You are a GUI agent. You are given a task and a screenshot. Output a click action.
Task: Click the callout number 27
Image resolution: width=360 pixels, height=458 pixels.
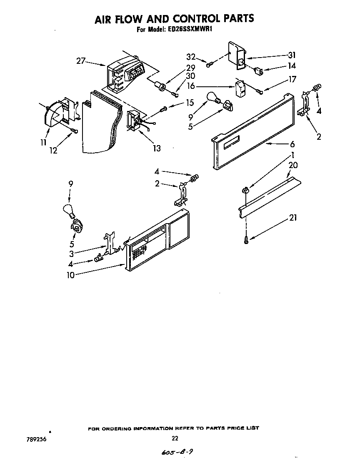tap(81, 61)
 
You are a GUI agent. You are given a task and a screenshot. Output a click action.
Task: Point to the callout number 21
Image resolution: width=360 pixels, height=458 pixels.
tap(293, 218)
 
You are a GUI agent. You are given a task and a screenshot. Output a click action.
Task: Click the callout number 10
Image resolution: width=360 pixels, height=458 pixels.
tap(71, 275)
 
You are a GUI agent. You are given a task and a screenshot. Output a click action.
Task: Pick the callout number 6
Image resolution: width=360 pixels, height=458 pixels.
tap(292, 144)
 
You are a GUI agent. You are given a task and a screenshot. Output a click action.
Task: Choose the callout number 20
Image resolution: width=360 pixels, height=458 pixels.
tap(293, 165)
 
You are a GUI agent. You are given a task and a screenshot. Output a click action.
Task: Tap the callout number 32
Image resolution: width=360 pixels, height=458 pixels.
tap(191, 57)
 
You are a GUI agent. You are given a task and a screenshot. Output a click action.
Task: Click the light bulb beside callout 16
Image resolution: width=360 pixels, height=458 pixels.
tap(212, 97)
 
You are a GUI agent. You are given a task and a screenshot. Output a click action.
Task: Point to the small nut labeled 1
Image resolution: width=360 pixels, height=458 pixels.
tap(245, 190)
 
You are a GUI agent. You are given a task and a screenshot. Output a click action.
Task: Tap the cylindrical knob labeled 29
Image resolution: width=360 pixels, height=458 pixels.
tap(159, 86)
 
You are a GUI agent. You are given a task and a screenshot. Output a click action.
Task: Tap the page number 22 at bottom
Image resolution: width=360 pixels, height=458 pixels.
tap(175, 438)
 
